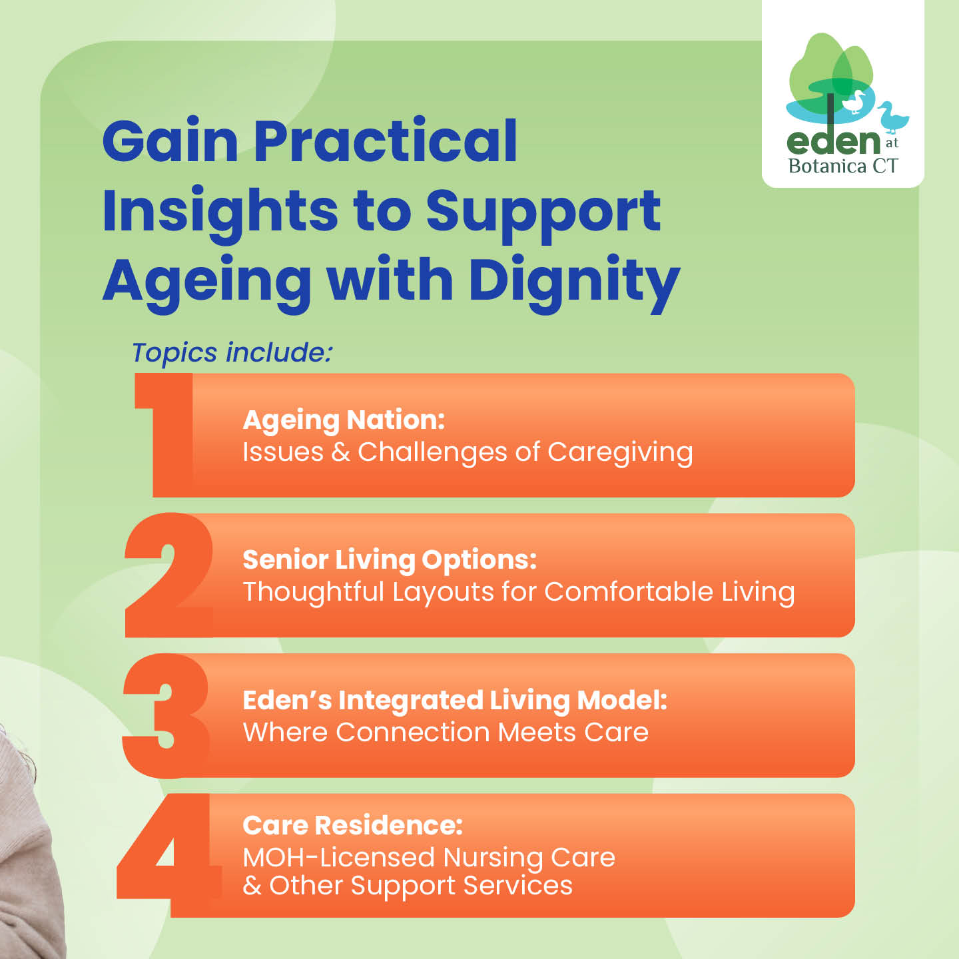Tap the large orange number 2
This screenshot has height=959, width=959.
169,575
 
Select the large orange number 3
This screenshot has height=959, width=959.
166,716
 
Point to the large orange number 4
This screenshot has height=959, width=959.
169,855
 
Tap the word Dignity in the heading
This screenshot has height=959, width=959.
575,282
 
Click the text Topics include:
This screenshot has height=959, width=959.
232,353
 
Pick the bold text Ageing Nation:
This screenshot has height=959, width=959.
344,420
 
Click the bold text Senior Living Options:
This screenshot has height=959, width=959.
390,560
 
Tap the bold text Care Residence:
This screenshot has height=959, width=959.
353,825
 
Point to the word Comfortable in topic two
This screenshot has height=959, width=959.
629,592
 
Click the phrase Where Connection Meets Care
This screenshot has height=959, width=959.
446,732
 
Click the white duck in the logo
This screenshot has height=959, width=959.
854,102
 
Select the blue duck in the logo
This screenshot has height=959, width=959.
893,117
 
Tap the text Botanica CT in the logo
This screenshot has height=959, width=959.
843,166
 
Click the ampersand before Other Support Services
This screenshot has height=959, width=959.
252,886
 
